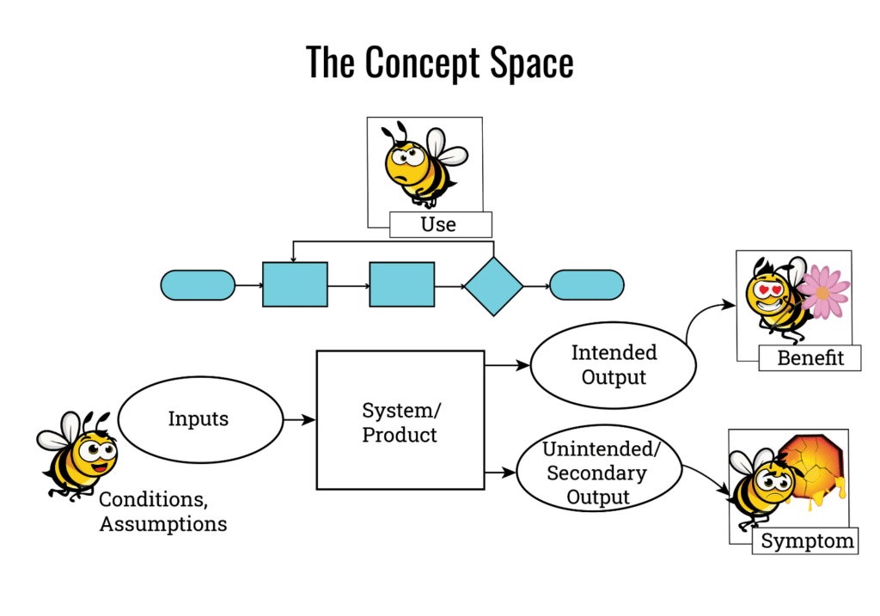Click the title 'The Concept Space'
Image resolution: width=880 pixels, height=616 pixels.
(439, 63)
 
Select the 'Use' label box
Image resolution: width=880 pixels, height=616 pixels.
(439, 225)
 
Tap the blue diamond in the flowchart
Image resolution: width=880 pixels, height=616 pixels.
(494, 285)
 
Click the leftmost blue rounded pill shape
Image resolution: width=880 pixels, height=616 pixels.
(198, 284)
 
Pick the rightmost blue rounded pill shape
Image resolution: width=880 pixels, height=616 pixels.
(587, 284)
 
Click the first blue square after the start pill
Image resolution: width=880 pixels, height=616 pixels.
(295, 284)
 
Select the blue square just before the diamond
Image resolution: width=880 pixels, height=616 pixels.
(401, 284)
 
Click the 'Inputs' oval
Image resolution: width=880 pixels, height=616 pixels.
(199, 419)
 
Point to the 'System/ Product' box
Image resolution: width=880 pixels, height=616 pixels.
(400, 419)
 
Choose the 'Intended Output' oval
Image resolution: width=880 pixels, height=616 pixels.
(613, 364)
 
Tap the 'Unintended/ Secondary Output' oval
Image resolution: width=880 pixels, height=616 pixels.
(598, 473)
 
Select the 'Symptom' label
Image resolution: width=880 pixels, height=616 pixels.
(807, 541)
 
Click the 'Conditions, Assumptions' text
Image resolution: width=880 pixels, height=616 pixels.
(163, 511)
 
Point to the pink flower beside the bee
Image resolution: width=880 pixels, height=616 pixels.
(823, 292)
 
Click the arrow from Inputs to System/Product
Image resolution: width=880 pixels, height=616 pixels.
(300, 420)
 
